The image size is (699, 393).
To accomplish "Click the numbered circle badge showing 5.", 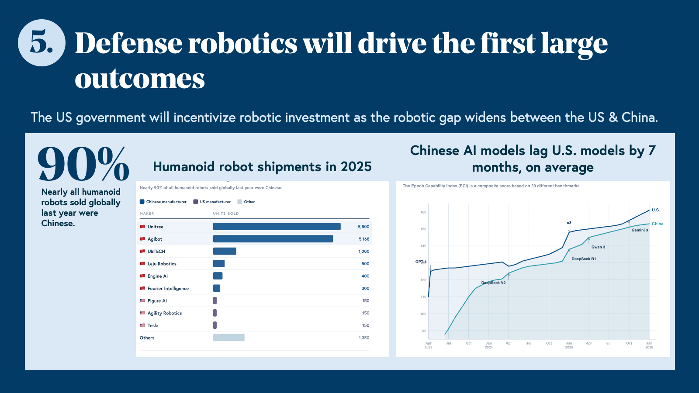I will click(x=42, y=43).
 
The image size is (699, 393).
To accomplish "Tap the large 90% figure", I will click(x=83, y=164).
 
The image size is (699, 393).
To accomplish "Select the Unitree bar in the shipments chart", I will click(x=277, y=227).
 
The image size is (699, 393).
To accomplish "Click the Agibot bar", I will click(x=273, y=239).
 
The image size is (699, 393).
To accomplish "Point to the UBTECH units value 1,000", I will click(x=363, y=252).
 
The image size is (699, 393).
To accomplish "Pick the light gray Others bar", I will click(x=228, y=338).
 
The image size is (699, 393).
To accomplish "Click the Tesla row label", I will click(x=153, y=325).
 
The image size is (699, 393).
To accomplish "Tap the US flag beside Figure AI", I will click(x=142, y=300).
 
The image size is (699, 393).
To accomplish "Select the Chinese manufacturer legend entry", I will click(x=163, y=202).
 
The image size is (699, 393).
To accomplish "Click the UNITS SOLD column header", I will click(x=226, y=214).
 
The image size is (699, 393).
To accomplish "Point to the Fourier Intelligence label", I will click(x=168, y=289).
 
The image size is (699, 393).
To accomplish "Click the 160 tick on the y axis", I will click(x=423, y=212).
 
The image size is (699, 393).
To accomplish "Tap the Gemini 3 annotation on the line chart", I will click(x=640, y=230).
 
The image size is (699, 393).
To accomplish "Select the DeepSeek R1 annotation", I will click(x=584, y=259).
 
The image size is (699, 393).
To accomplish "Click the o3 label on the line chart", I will click(x=569, y=223).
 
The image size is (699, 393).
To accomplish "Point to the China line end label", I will click(x=657, y=224).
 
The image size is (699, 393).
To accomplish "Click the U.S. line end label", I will click(x=656, y=210).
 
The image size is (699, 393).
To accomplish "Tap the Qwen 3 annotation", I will click(x=598, y=247).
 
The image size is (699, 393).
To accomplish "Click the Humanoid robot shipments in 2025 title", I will click(x=262, y=167).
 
